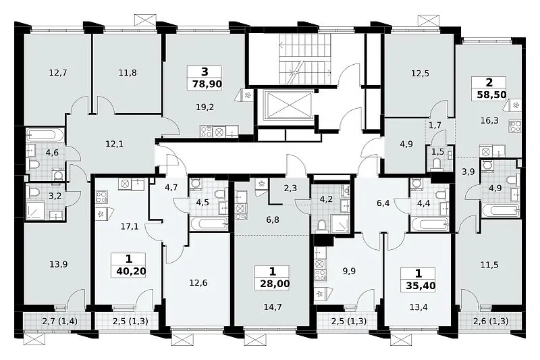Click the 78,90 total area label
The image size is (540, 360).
click(x=207, y=84)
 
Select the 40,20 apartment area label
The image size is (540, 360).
click(x=131, y=271)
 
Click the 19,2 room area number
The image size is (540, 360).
click(x=205, y=107)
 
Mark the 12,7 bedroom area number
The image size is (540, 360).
click(x=58, y=73)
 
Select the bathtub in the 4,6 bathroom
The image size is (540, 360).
click(x=45, y=135)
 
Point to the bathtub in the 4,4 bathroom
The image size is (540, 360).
click(x=430, y=224)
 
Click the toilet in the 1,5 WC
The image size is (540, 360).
click(x=437, y=164)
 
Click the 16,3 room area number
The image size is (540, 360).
click(x=489, y=121)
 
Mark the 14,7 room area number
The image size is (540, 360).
click(x=273, y=307)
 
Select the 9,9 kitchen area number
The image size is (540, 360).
click(x=349, y=271)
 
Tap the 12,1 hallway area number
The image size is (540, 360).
click(x=114, y=144)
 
